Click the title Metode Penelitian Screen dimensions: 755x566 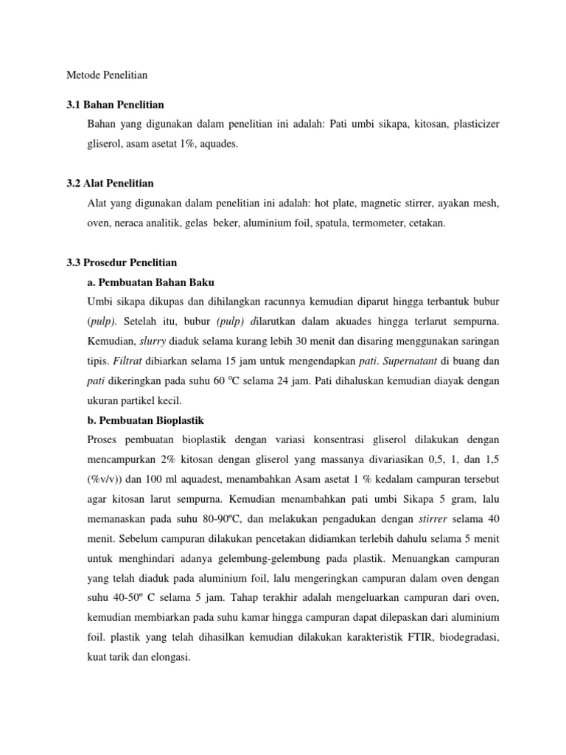(x=107, y=74)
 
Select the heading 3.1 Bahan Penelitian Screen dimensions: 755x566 (x=115, y=105)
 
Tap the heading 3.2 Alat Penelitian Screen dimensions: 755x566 (x=110, y=183)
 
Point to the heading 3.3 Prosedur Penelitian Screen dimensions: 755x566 (x=122, y=262)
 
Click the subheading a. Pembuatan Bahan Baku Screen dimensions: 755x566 (x=150, y=282)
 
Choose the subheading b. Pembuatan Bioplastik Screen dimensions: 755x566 (x=145, y=420)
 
